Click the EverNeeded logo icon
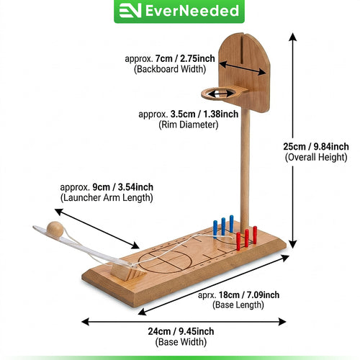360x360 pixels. [x=130, y=11]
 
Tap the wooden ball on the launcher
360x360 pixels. [x=55, y=230]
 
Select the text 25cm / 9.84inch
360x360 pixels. [x=316, y=146]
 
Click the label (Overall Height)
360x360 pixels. [x=316, y=158]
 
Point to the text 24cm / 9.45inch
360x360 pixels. [x=181, y=331]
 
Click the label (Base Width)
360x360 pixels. [x=181, y=342]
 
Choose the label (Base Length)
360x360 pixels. [x=238, y=305]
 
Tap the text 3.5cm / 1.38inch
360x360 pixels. [x=204, y=114]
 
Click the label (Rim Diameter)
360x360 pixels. [x=189, y=125]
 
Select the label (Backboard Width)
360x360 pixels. [x=170, y=69]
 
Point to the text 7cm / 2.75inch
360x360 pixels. [x=185, y=58]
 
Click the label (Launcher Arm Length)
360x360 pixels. [x=107, y=198]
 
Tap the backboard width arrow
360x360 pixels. [x=243, y=68]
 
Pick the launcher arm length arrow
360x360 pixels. [x=97, y=229]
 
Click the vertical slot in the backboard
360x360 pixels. [x=242, y=50]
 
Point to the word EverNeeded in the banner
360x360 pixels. [x=192, y=11]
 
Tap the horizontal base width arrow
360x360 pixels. [x=184, y=322]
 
